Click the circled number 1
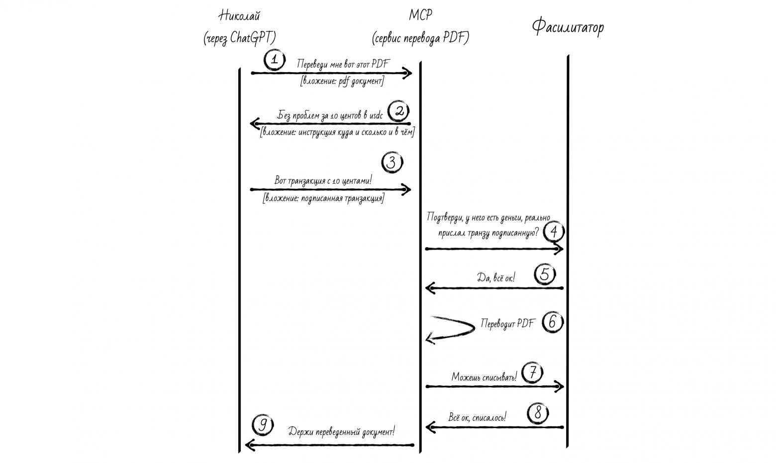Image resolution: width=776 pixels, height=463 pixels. pos(275,60)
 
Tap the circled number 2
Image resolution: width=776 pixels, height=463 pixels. pos(399,111)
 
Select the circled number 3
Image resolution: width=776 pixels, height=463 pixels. pos(392,163)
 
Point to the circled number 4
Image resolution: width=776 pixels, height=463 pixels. pos(554,231)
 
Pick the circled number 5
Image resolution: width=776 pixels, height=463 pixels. pos(545,274)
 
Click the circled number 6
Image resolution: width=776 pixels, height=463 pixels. pos(553,322)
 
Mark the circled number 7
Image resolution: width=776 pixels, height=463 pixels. pos(532,372)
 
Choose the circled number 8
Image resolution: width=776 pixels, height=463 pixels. pos(538,413)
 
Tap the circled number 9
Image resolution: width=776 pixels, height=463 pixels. pos(263,425)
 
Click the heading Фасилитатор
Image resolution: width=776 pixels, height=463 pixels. pos(568,27)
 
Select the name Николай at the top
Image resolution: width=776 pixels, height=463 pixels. pos(239,16)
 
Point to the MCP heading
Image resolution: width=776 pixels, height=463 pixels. pos(420,15)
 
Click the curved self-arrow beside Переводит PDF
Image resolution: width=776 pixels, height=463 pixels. pos(450,330)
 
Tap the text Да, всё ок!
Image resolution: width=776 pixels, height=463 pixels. pos(496,278)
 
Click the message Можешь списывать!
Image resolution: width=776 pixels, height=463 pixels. pos(484,377)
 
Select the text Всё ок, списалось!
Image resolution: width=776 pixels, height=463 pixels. pos(477,417)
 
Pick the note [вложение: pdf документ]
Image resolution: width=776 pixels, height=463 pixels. pos(342,82)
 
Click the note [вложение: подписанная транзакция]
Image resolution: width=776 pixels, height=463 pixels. pos(323,198)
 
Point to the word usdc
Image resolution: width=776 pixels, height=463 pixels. pos(376,115)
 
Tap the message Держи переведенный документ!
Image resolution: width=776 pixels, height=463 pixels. pos(341,432)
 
